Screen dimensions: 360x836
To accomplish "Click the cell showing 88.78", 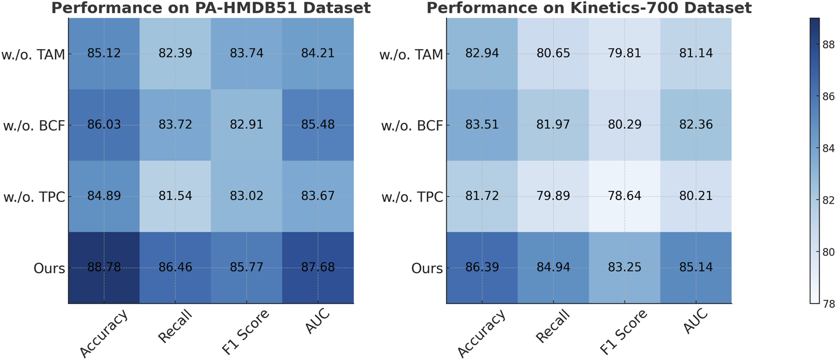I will pos(104,267).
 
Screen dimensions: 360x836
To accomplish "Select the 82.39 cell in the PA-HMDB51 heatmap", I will pos(175,53).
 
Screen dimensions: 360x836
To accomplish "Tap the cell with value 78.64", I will pos(624,196).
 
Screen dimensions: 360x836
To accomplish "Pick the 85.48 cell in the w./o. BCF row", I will pos(318,125).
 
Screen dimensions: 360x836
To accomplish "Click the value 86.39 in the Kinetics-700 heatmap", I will pos(482,267).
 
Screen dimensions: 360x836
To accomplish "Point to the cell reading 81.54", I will pos(175,196).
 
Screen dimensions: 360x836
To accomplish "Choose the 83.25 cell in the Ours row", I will pos(624,267).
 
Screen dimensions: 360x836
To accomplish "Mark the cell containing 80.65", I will pos(553,53).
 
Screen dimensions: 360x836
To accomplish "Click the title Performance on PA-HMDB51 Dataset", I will pos(211,8).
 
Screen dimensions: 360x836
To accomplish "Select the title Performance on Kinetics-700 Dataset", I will pos(589,8).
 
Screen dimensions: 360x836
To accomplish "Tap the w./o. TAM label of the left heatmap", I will pos(33,54).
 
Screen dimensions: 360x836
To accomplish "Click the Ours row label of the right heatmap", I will pos(427,269).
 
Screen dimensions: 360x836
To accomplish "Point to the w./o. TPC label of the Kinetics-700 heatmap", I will pos(412,197).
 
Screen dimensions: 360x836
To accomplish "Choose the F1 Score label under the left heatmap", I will pos(246,332).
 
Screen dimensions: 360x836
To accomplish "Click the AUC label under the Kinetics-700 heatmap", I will pos(695,321).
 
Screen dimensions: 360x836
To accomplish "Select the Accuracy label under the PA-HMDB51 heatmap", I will pos(104,334).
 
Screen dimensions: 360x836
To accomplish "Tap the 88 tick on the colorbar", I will pos(828,45).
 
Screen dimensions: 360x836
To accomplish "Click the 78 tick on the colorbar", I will pos(828,304).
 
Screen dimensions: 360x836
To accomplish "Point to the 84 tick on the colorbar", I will pos(828,148).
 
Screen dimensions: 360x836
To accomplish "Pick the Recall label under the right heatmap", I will pos(553,326).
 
